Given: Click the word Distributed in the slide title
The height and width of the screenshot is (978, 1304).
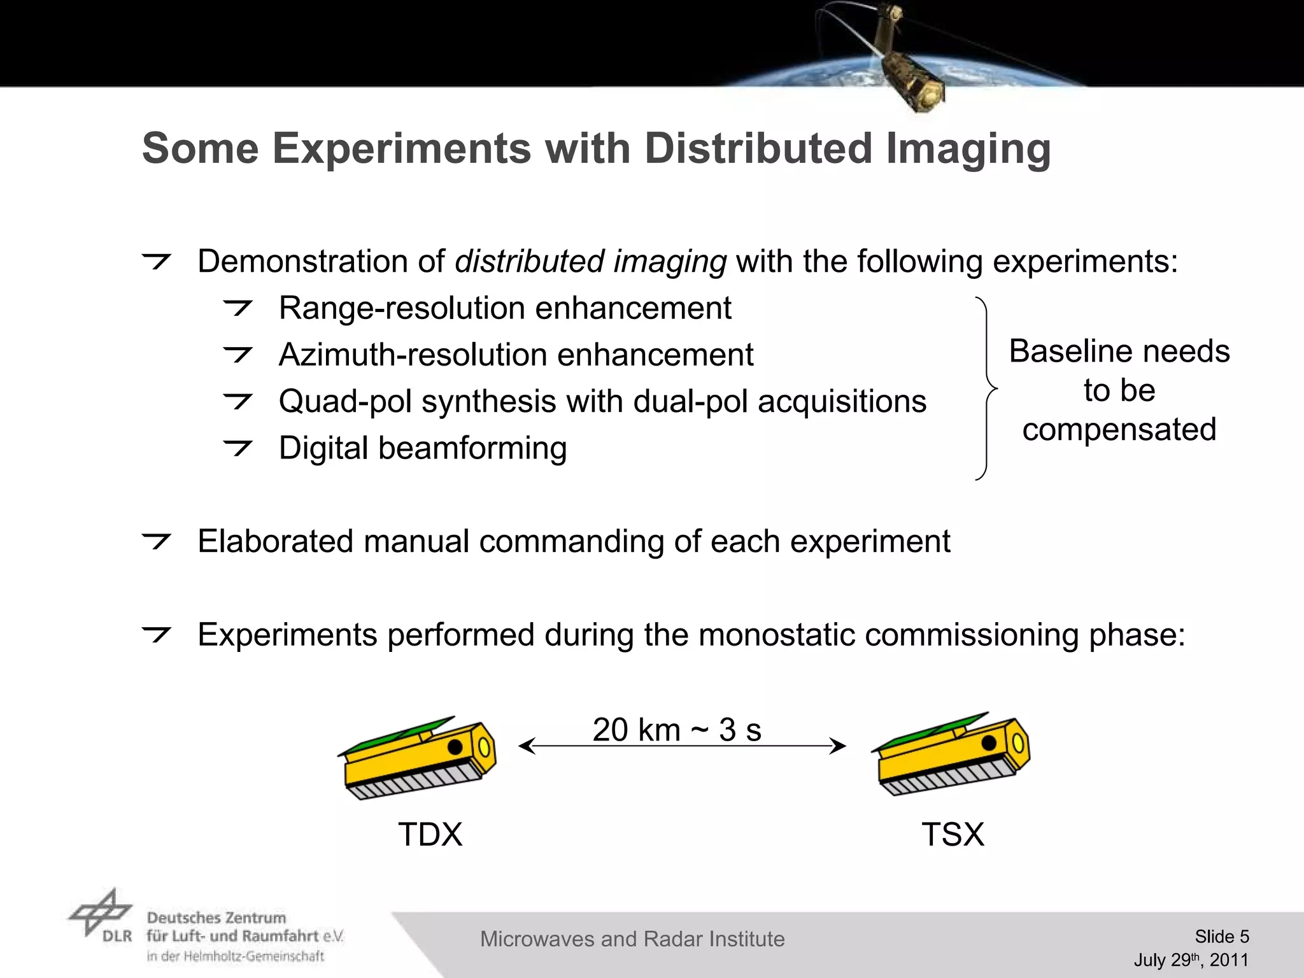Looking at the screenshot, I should [757, 148].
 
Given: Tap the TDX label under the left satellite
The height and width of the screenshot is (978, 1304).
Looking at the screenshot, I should [430, 835].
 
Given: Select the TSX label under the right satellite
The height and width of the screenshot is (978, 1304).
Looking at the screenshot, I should [953, 835].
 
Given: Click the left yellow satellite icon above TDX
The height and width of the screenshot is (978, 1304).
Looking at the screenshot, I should [417, 758].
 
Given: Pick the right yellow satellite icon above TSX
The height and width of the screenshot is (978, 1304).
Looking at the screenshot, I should [951, 755].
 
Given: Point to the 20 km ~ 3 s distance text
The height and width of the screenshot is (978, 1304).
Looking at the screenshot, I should [677, 730].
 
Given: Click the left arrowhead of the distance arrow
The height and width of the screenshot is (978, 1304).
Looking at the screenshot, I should [523, 746].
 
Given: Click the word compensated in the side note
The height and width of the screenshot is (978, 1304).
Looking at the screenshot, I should [1119, 430].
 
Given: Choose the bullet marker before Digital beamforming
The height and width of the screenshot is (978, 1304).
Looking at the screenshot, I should [238, 448].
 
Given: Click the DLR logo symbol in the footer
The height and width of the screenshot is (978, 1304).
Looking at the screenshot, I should [100, 912].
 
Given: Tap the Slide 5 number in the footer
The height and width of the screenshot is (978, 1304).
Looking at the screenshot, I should [1221, 937].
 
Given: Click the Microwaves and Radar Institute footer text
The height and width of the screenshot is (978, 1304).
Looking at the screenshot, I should [632, 939].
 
